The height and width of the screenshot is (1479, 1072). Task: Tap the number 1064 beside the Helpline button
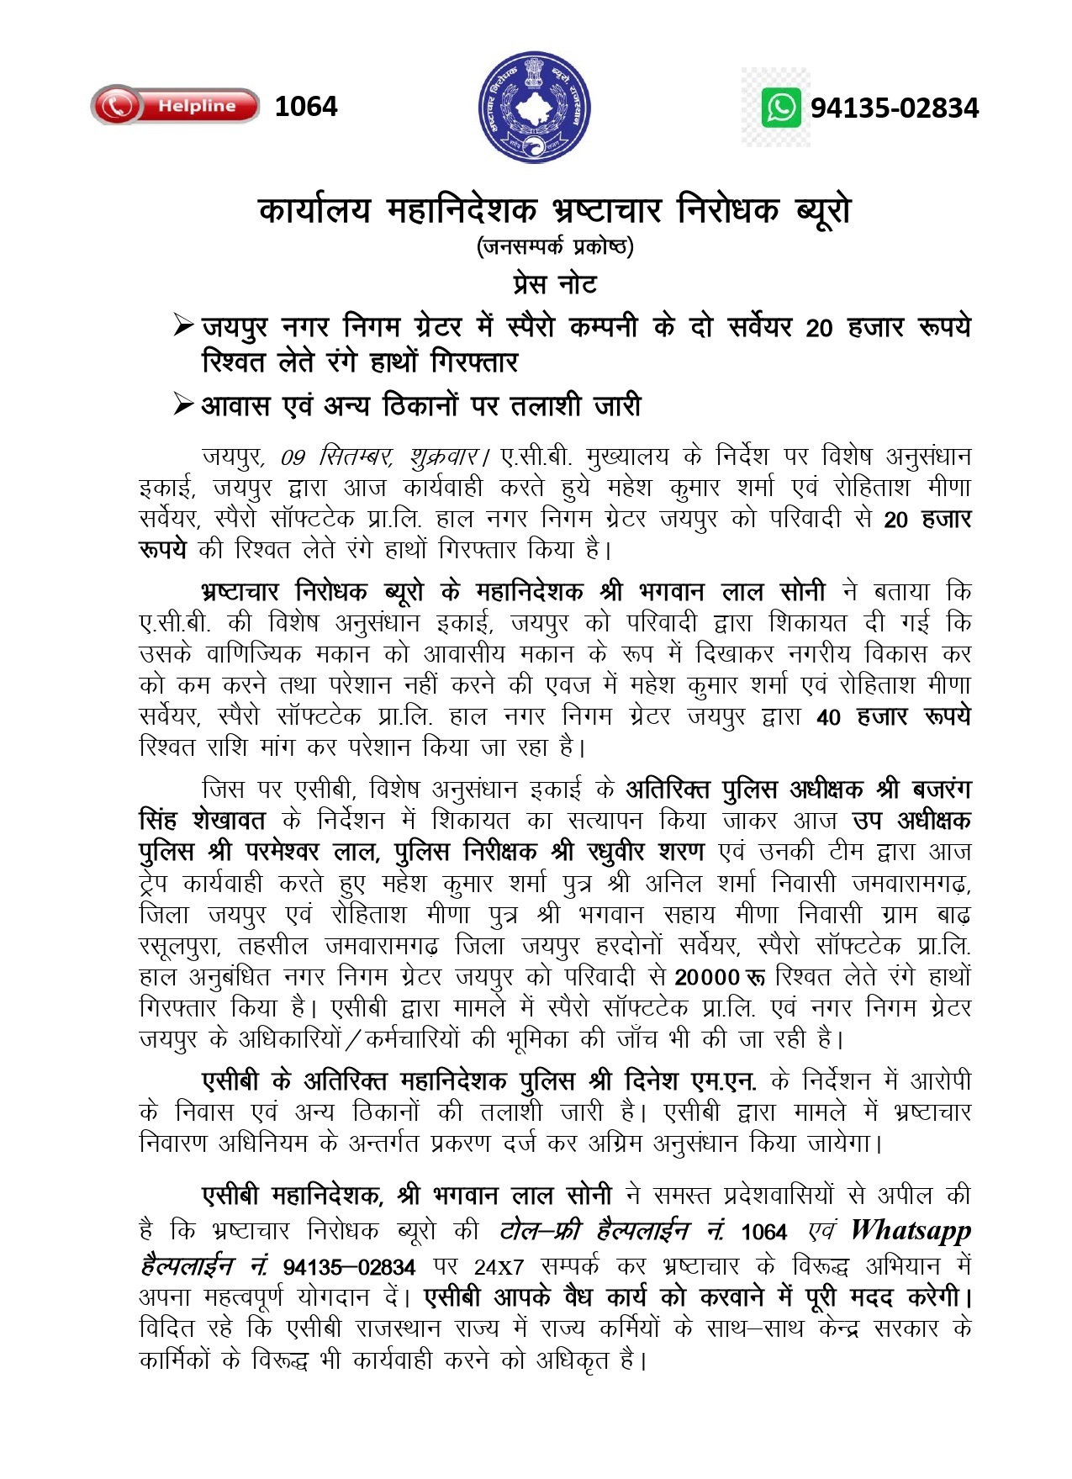tap(306, 107)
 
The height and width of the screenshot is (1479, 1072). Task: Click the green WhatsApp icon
tap(781, 108)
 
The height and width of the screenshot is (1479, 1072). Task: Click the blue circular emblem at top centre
tap(535, 107)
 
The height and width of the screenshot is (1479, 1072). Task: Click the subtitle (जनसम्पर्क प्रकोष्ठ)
tap(555, 246)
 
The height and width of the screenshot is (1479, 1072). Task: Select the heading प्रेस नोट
tap(555, 284)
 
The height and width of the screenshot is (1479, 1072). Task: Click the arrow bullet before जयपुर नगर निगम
tap(183, 325)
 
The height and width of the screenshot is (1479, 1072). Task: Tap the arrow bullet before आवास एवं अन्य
tap(183, 405)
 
